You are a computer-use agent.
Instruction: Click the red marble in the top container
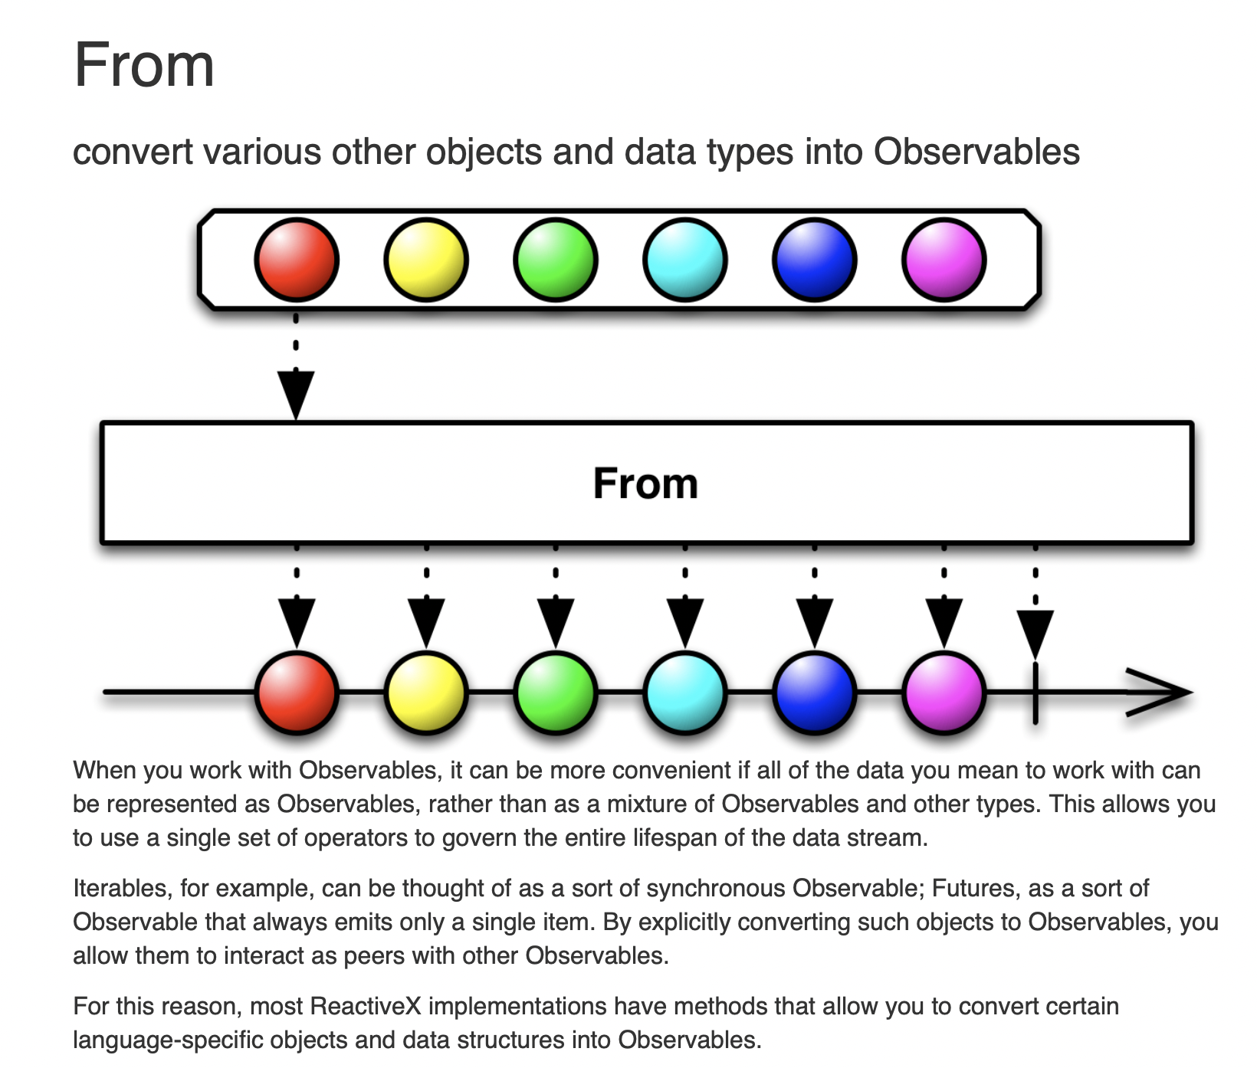pos(296,260)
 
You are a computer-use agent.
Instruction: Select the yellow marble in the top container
pos(425,260)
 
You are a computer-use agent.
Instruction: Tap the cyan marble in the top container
pos(684,260)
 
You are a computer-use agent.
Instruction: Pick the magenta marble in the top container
pos(944,260)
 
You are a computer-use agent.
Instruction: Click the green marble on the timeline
pos(555,693)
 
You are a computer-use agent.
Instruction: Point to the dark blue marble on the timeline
pos(814,693)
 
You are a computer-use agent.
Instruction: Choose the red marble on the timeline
pos(296,693)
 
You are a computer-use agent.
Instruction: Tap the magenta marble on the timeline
pos(944,693)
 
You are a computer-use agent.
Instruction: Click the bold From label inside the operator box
pos(645,483)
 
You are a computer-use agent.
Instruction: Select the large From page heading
pos(144,66)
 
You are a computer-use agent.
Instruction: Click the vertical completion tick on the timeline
pos(1035,693)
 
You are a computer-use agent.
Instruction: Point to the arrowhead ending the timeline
pos(1161,693)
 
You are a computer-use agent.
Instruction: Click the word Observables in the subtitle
pos(976,152)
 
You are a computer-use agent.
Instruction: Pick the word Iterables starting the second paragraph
pos(120,889)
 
